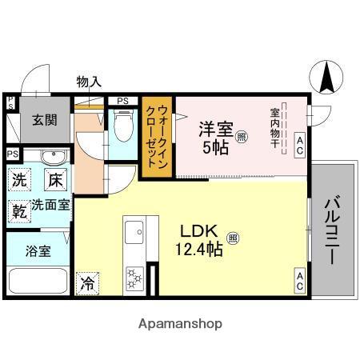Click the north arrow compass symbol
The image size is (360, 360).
[326, 78]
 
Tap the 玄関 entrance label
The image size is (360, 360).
[45, 120]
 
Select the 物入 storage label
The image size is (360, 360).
[88, 82]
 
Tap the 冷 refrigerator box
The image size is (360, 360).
[87, 282]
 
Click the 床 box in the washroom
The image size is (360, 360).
[54, 179]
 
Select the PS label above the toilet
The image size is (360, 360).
[122, 101]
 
